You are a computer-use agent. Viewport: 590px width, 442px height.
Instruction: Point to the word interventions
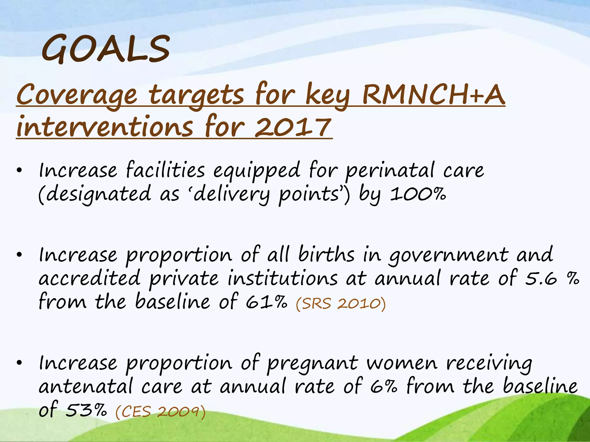point(105,127)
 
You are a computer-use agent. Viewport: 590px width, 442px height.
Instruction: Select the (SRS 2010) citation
point(341,304)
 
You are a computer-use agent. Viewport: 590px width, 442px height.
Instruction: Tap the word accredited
point(89,279)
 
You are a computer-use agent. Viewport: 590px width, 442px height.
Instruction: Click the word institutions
point(282,279)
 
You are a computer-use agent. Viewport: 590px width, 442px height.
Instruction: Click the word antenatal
point(86,386)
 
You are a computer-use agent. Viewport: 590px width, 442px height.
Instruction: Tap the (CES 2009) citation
point(160,411)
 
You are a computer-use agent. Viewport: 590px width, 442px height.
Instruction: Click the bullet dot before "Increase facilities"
point(19,171)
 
